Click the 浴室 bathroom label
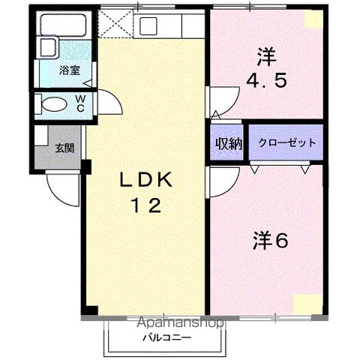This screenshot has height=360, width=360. [x=70, y=70]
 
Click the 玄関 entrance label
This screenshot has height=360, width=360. [x=64, y=148]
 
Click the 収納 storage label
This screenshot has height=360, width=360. [x=228, y=143]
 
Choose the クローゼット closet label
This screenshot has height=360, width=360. [x=286, y=142]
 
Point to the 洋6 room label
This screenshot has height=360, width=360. [x=271, y=241]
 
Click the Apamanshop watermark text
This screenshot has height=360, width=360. [x=181, y=323]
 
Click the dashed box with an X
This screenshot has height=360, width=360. [x=115, y=22]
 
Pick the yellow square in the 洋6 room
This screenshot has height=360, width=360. [x=306, y=304]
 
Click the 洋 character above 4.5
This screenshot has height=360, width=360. [x=264, y=55]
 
